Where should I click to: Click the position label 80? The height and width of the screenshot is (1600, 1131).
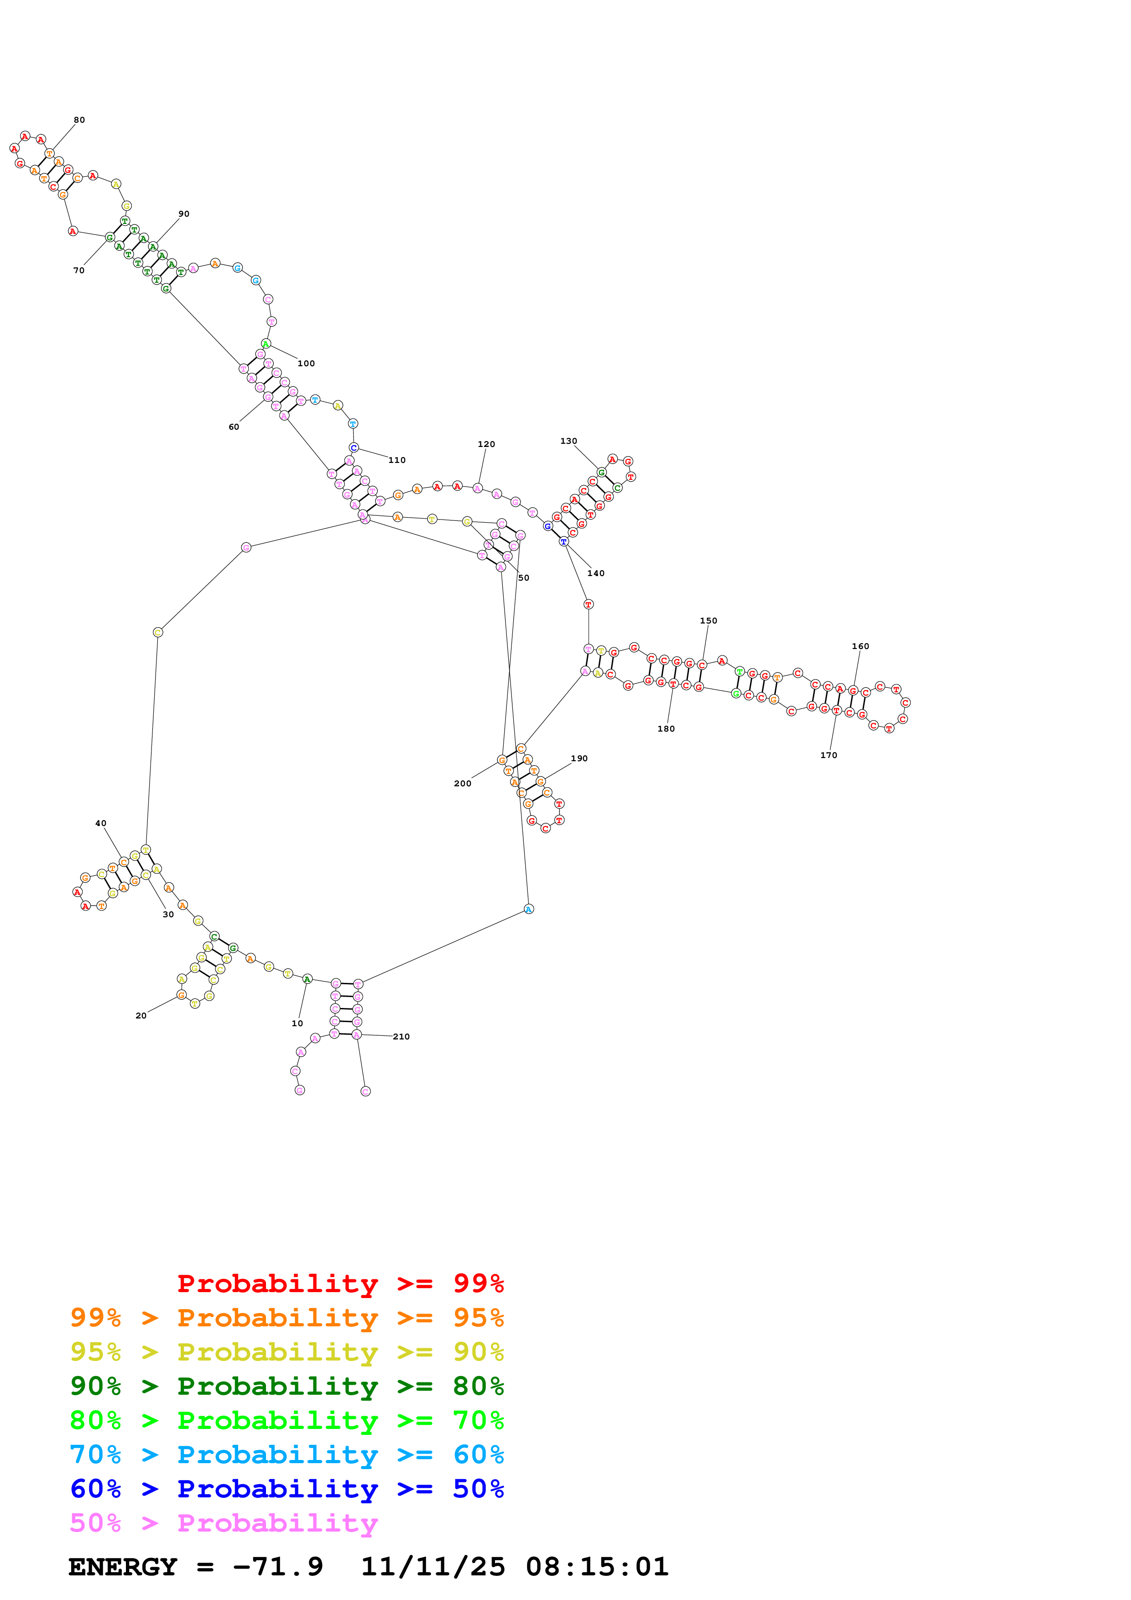pyautogui.click(x=79, y=120)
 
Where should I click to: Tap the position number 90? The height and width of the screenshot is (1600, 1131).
pyautogui.click(x=184, y=214)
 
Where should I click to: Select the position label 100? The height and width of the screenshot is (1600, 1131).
pyautogui.click(x=306, y=363)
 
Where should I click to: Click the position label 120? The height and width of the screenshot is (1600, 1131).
pyautogui.click(x=486, y=444)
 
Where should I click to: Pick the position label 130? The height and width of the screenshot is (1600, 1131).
pyautogui.click(x=568, y=441)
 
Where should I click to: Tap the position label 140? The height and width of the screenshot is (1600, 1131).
pyautogui.click(x=596, y=573)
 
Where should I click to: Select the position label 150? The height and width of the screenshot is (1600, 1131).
pyautogui.click(x=708, y=620)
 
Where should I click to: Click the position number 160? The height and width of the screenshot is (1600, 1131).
pyautogui.click(x=860, y=646)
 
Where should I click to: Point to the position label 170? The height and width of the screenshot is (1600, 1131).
pyautogui.click(x=829, y=755)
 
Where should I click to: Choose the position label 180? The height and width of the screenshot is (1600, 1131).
pyautogui.click(x=666, y=728)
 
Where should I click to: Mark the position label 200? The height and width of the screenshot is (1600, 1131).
pyautogui.click(x=463, y=783)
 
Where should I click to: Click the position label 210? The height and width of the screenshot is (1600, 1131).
pyautogui.click(x=401, y=1036)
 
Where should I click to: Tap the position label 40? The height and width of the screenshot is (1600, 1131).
pyautogui.click(x=101, y=823)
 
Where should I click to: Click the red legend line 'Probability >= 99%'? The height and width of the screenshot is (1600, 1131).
pyautogui.click(x=340, y=1283)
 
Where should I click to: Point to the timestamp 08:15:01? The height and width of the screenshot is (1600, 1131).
pyautogui.click(x=597, y=1567)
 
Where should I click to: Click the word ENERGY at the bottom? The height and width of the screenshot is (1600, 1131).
pyautogui.click(x=123, y=1567)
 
